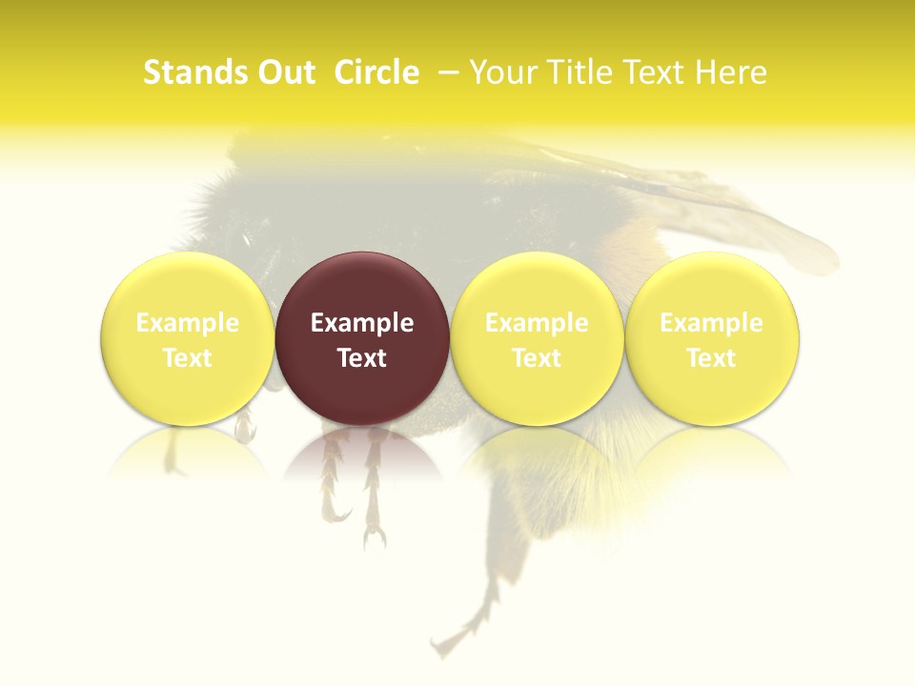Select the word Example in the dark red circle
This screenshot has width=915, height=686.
[x=362, y=323]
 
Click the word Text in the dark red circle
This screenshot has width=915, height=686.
[x=362, y=358]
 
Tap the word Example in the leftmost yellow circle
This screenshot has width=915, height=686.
[x=187, y=323]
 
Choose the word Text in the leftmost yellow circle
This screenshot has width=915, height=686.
[x=187, y=358]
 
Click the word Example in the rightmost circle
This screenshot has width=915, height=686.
[x=711, y=323]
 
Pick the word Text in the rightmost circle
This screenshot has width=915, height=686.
[x=711, y=358]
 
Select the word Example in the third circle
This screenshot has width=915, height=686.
[x=537, y=323]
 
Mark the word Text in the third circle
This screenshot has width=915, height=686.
[x=537, y=358]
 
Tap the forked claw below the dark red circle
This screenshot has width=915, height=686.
[x=374, y=534]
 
